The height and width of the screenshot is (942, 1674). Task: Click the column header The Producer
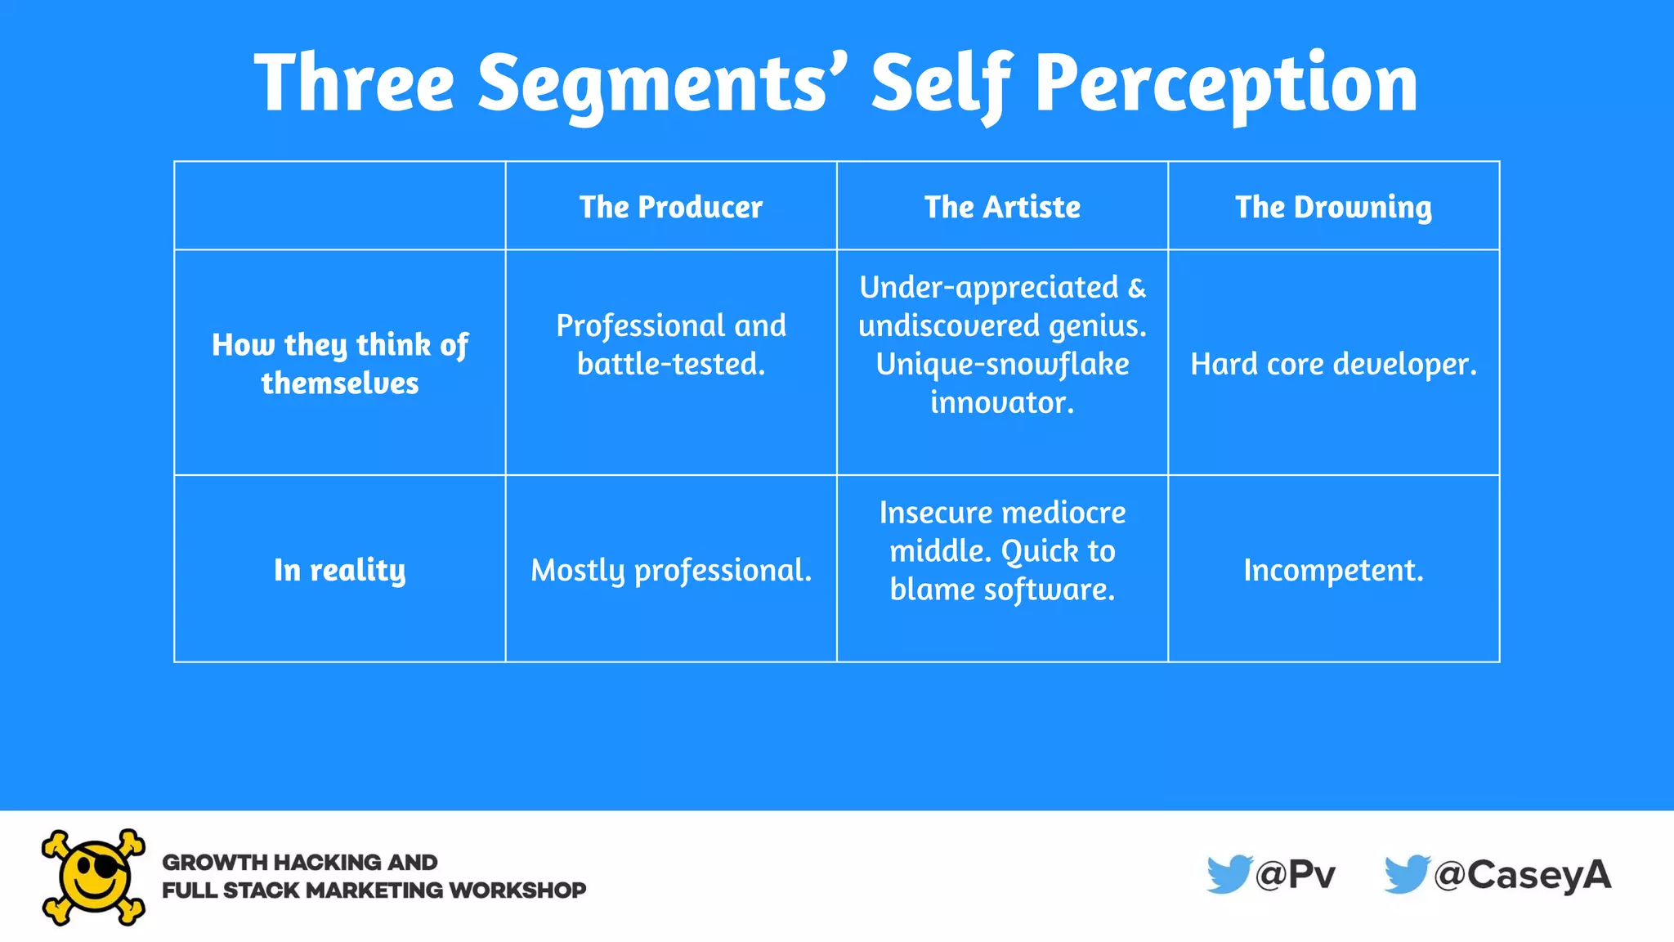click(671, 207)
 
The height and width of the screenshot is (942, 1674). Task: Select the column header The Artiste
click(1002, 207)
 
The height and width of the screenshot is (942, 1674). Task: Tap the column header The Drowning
click(1333, 207)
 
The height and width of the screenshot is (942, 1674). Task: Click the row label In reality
click(339, 570)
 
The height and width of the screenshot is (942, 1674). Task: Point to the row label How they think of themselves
click(339, 363)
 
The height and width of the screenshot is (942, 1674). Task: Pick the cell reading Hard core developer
click(1333, 364)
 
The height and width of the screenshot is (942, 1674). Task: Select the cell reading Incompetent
click(1333, 570)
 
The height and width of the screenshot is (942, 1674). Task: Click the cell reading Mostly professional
click(671, 570)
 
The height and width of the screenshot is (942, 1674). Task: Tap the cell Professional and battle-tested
click(671, 344)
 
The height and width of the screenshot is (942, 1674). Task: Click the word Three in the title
click(354, 82)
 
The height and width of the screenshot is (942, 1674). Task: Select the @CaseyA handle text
click(1523, 875)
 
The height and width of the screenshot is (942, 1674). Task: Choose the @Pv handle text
click(1296, 875)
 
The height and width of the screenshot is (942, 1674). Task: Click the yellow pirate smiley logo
click(94, 877)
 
